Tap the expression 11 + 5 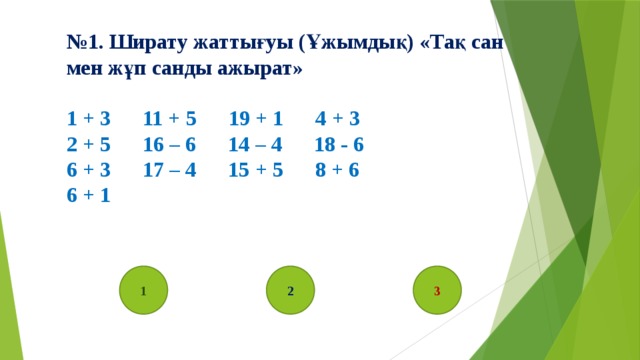click(169, 118)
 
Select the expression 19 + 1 click(256, 118)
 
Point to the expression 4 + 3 click(337, 118)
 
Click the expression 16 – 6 click(169, 144)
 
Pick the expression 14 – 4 click(256, 144)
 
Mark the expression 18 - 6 click(338, 144)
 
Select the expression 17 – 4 click(169, 170)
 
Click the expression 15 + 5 click(256, 170)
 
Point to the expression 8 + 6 click(337, 170)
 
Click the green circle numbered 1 click(144, 290)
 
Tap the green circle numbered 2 click(290, 290)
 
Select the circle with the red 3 click(437, 290)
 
